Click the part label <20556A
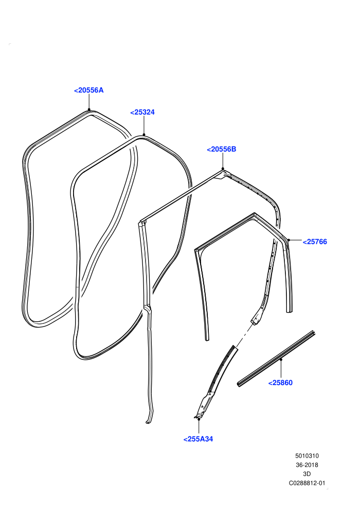[x=88, y=90]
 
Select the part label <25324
[x=142, y=112]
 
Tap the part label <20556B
[x=221, y=149]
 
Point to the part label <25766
[x=315, y=242]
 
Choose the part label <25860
[x=280, y=383]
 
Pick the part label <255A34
[x=198, y=439]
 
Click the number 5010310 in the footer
[x=307, y=456]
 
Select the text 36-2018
[x=307, y=465]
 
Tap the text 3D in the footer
[x=307, y=474]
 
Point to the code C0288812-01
[x=307, y=483]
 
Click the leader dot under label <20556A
[x=89, y=110]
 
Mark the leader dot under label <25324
[x=144, y=135]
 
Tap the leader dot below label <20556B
[x=223, y=169]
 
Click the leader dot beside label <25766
[x=289, y=240]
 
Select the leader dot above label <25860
[x=281, y=359]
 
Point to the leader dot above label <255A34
[x=199, y=419]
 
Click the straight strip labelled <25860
[x=276, y=359]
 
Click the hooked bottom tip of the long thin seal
[x=148, y=422]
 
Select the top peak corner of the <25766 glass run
[x=255, y=213]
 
